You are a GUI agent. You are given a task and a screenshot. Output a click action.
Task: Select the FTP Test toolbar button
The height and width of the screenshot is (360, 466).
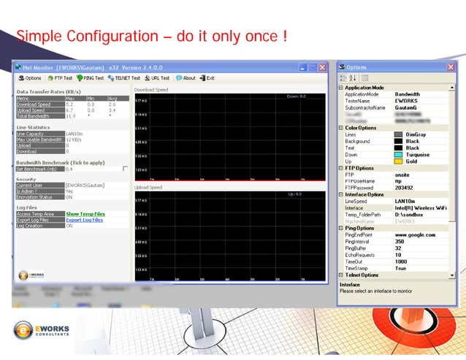pos(60,78)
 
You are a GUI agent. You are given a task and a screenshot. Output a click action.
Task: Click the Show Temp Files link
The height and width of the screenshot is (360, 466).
pos(85,214)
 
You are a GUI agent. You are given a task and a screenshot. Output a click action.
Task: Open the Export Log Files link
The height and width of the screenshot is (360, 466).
pos(85,220)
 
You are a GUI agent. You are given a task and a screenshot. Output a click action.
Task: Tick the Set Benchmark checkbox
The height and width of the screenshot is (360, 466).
pos(125,169)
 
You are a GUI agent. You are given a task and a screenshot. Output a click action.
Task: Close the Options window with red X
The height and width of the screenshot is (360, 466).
pos(454,68)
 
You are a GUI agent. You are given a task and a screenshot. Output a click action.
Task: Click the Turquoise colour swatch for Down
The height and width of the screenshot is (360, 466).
pos(399,155)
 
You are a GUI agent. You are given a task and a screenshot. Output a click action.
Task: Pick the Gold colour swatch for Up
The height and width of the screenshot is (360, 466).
pos(399,161)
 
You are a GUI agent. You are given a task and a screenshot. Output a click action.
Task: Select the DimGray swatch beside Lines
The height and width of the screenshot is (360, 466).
pos(399,134)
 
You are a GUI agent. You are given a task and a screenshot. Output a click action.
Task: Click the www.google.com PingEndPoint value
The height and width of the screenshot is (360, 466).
pos(415,235)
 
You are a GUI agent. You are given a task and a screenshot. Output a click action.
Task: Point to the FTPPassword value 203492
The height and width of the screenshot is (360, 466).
pos(405,187)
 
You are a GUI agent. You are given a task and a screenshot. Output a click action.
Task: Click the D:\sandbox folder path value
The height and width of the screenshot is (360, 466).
pos(410,215)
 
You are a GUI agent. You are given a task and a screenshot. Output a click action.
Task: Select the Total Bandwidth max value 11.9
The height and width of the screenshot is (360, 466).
pos(70,116)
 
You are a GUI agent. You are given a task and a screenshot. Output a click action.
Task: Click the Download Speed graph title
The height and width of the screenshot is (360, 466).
pos(151,89)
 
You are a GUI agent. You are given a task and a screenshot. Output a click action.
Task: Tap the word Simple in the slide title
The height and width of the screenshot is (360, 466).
pos(39,37)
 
